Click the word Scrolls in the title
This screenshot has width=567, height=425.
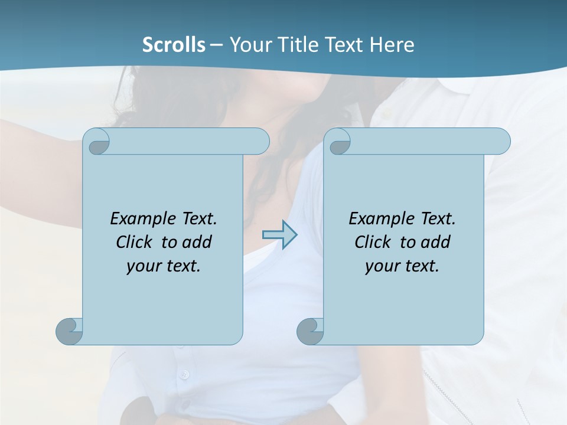click(x=174, y=45)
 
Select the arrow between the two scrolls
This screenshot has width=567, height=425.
click(x=280, y=234)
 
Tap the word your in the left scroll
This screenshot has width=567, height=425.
click(x=141, y=267)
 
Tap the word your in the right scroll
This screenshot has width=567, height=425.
click(x=380, y=267)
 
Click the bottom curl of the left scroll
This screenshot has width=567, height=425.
click(x=69, y=331)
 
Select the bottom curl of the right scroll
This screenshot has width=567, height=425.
click(x=309, y=331)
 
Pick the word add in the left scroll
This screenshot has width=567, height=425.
click(x=197, y=243)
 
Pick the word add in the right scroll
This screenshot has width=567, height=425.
click(x=436, y=243)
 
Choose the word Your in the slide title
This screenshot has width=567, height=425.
click(x=249, y=45)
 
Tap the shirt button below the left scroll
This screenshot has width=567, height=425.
click(x=184, y=374)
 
